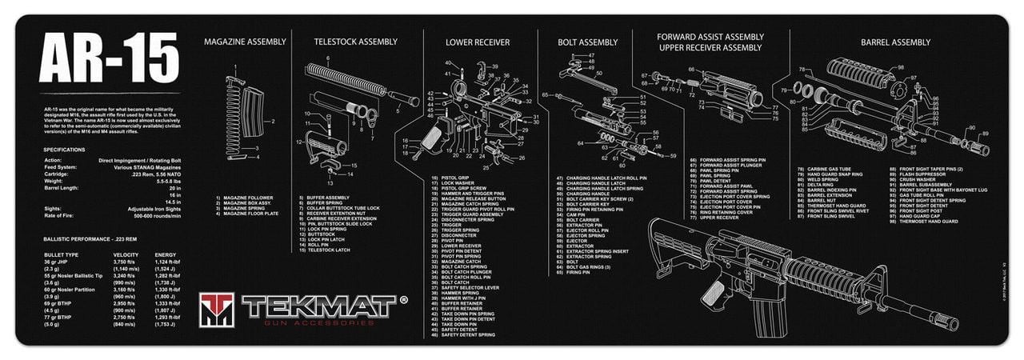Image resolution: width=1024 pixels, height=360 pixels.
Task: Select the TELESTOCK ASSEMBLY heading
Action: pos(355,42)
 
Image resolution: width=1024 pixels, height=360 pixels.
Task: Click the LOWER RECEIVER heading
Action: pos(478,42)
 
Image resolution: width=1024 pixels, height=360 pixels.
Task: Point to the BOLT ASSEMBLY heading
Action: pos(589,42)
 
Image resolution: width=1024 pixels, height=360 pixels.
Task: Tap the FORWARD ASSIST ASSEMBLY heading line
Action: pos(710,37)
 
